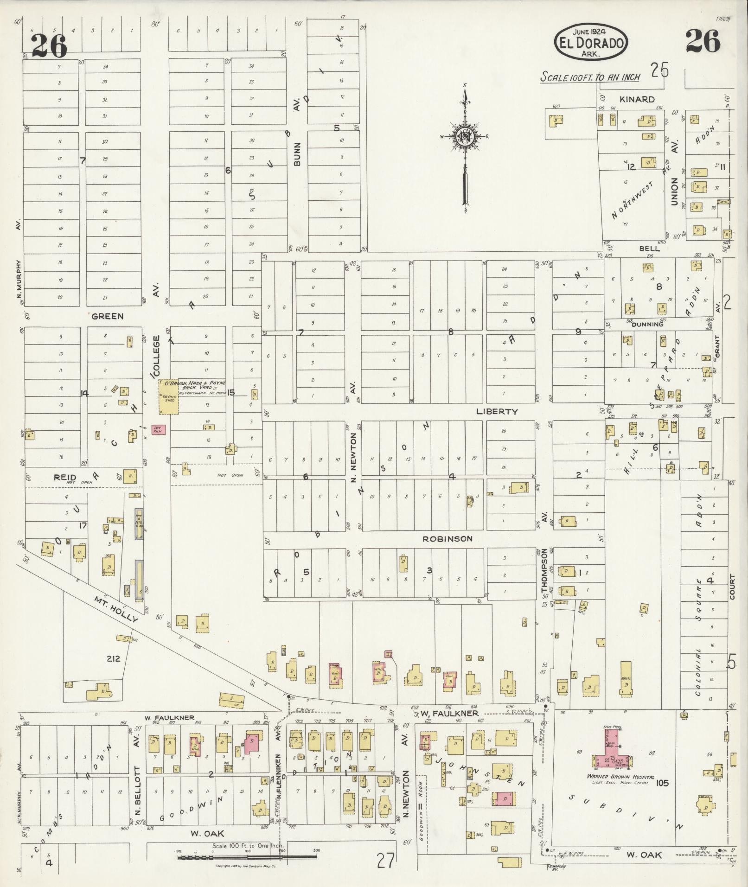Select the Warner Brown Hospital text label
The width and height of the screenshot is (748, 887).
click(x=614, y=777)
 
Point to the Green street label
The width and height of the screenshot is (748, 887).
click(x=107, y=316)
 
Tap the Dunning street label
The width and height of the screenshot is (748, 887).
click(x=647, y=324)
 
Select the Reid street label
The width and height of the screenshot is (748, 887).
click(x=64, y=477)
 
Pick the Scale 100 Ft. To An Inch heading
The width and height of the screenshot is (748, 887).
click(x=589, y=77)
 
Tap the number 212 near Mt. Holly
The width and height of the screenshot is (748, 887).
click(x=113, y=658)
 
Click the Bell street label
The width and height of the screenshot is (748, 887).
click(x=649, y=249)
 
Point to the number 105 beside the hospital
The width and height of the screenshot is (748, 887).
click(x=662, y=783)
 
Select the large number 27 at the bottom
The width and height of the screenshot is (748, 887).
click(x=386, y=861)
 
